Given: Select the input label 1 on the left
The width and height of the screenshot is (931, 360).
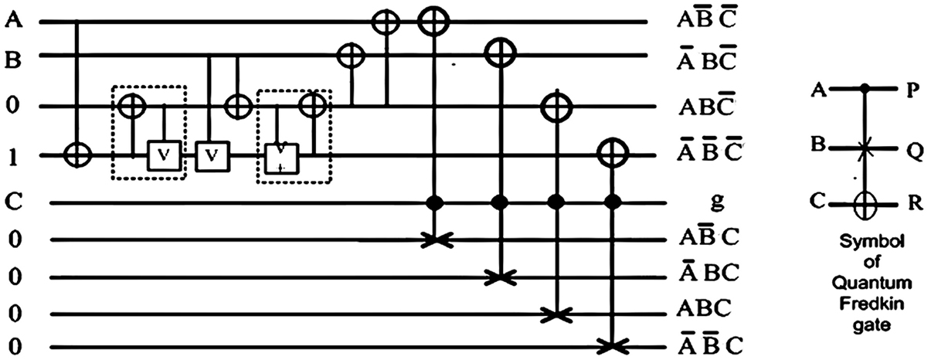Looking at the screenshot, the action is click(x=12, y=155).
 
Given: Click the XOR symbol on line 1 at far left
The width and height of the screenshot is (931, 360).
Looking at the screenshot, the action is click(x=77, y=155).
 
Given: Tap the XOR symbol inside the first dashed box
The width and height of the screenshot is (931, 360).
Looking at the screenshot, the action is click(x=132, y=105).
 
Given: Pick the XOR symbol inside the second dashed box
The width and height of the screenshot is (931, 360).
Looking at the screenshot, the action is click(x=313, y=104).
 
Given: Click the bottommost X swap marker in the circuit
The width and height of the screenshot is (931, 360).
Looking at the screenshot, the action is click(x=613, y=345).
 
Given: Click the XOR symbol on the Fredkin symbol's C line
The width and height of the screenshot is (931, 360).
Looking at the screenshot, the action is click(x=866, y=205).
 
